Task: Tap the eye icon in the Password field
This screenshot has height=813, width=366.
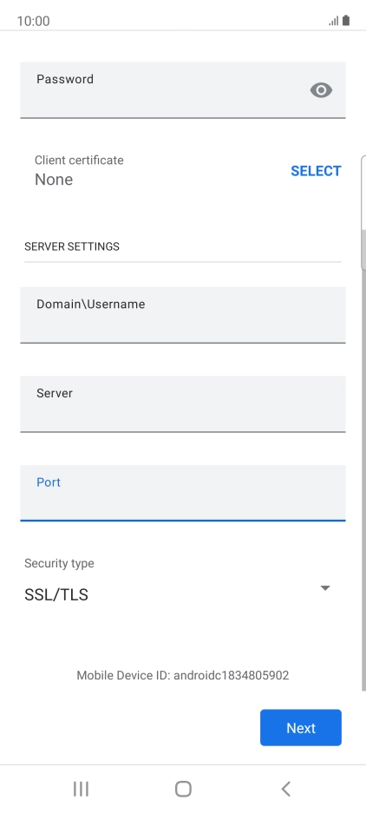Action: pos(321,90)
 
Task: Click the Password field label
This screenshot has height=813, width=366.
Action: pos(65,79)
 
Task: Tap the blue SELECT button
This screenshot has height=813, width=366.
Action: pos(316,171)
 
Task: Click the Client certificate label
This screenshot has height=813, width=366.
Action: pos(79,161)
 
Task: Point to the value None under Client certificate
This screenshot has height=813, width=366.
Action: pos(54,180)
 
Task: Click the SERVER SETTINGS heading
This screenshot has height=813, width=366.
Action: pos(72,246)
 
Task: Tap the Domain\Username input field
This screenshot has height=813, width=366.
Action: pos(182,315)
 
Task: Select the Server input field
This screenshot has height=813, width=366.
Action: pos(182,404)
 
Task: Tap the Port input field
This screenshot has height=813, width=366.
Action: pos(182,493)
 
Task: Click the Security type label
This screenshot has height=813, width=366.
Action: pos(59,564)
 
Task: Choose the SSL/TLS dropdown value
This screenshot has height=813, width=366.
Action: pos(56,594)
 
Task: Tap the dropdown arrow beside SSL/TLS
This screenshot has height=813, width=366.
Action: pos(325,588)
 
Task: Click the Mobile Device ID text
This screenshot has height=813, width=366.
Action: pos(182,675)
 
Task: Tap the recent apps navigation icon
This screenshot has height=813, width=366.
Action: pos(81,789)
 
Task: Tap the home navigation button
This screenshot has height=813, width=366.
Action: pos(183,789)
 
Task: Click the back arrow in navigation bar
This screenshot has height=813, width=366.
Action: pos(285,789)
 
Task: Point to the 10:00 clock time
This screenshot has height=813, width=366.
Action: pos(33,21)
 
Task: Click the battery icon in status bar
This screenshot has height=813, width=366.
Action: pos(346,20)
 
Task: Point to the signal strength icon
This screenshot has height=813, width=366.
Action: pos(333,21)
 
